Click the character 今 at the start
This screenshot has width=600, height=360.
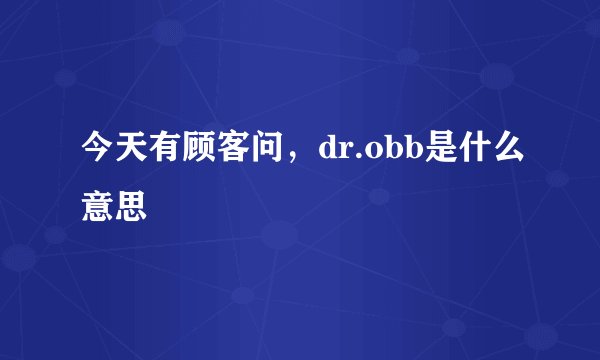pos(99,153)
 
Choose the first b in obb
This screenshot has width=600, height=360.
pos(393,154)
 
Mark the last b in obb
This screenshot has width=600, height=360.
pos(413,154)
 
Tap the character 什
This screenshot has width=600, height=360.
pos(477,153)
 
